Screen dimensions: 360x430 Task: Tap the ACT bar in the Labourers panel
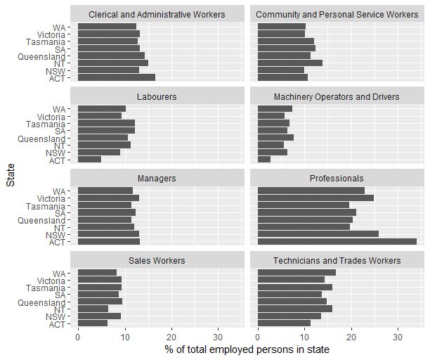[x=89, y=160]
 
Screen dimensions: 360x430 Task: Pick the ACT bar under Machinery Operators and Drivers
[x=264, y=160]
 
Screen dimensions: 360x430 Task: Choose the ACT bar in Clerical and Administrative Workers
[x=116, y=77]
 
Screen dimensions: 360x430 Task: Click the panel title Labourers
[x=157, y=96]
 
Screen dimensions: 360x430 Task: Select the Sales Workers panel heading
[x=157, y=261]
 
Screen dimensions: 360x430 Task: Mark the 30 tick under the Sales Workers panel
[x=218, y=336]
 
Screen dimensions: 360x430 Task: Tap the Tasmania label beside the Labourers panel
[x=45, y=123]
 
